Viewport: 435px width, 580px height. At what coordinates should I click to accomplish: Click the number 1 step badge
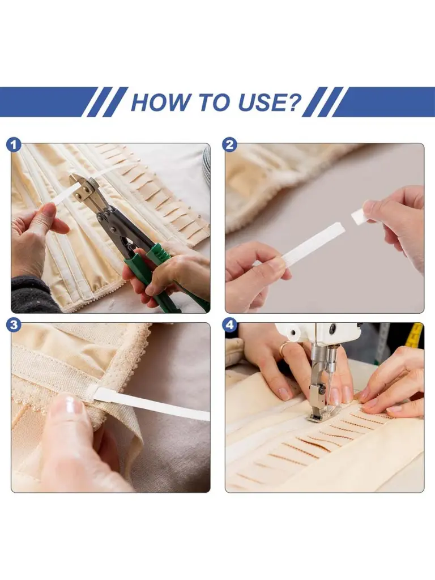(14, 145)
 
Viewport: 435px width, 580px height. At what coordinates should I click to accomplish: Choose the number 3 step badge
(14, 325)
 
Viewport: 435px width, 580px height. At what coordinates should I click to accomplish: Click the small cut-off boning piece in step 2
(358, 216)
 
